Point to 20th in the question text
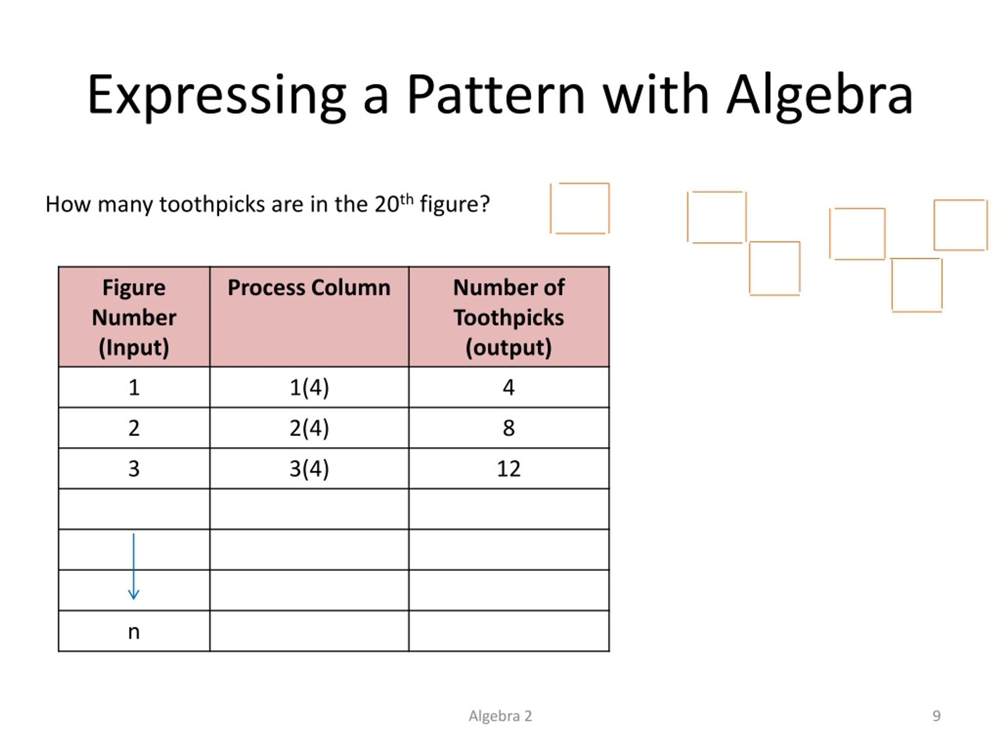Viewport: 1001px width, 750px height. [394, 204]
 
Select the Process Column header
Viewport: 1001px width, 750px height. [309, 287]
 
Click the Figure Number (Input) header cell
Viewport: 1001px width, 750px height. [134, 317]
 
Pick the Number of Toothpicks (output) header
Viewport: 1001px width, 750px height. [509, 317]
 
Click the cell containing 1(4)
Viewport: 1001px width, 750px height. [309, 387]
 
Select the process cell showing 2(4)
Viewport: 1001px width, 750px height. [309, 428]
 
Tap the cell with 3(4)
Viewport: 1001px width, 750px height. [309, 469]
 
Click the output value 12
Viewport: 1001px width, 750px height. [509, 469]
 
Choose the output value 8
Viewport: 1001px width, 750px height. [509, 428]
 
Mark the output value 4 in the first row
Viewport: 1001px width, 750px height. [509, 387]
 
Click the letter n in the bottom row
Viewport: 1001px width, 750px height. [134, 632]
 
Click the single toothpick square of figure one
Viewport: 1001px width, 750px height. [580, 209]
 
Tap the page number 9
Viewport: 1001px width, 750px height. [936, 716]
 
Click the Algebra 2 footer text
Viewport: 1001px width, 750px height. [500, 716]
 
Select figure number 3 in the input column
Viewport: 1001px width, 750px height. [134, 469]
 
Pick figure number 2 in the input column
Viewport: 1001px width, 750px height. [134, 428]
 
